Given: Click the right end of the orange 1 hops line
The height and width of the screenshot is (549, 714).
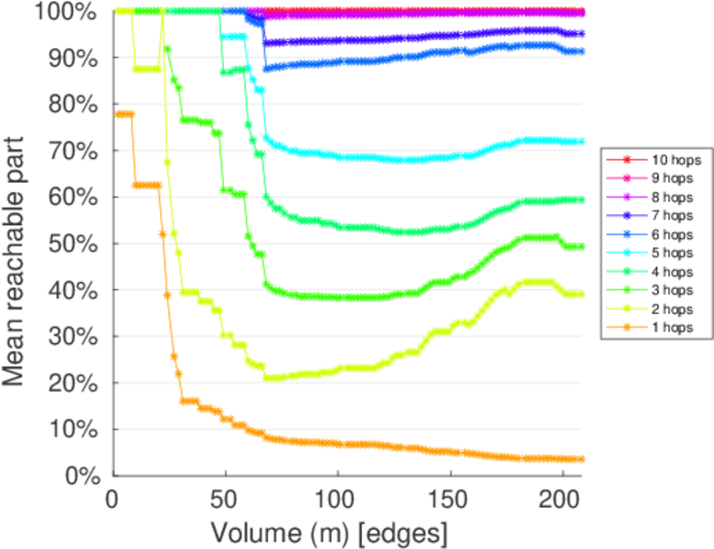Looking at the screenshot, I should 582,459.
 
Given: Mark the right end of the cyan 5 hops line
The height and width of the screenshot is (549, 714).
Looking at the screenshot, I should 582,142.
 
